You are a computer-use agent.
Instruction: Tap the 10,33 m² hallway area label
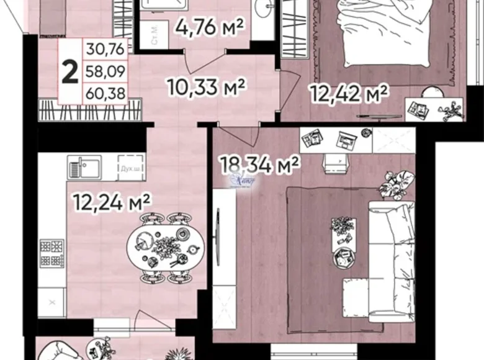click(x=207, y=86)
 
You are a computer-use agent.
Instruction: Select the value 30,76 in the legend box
click(x=106, y=47)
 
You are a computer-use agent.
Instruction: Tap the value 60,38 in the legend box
click(x=106, y=94)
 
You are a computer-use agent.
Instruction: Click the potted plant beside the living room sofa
click(x=394, y=182)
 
